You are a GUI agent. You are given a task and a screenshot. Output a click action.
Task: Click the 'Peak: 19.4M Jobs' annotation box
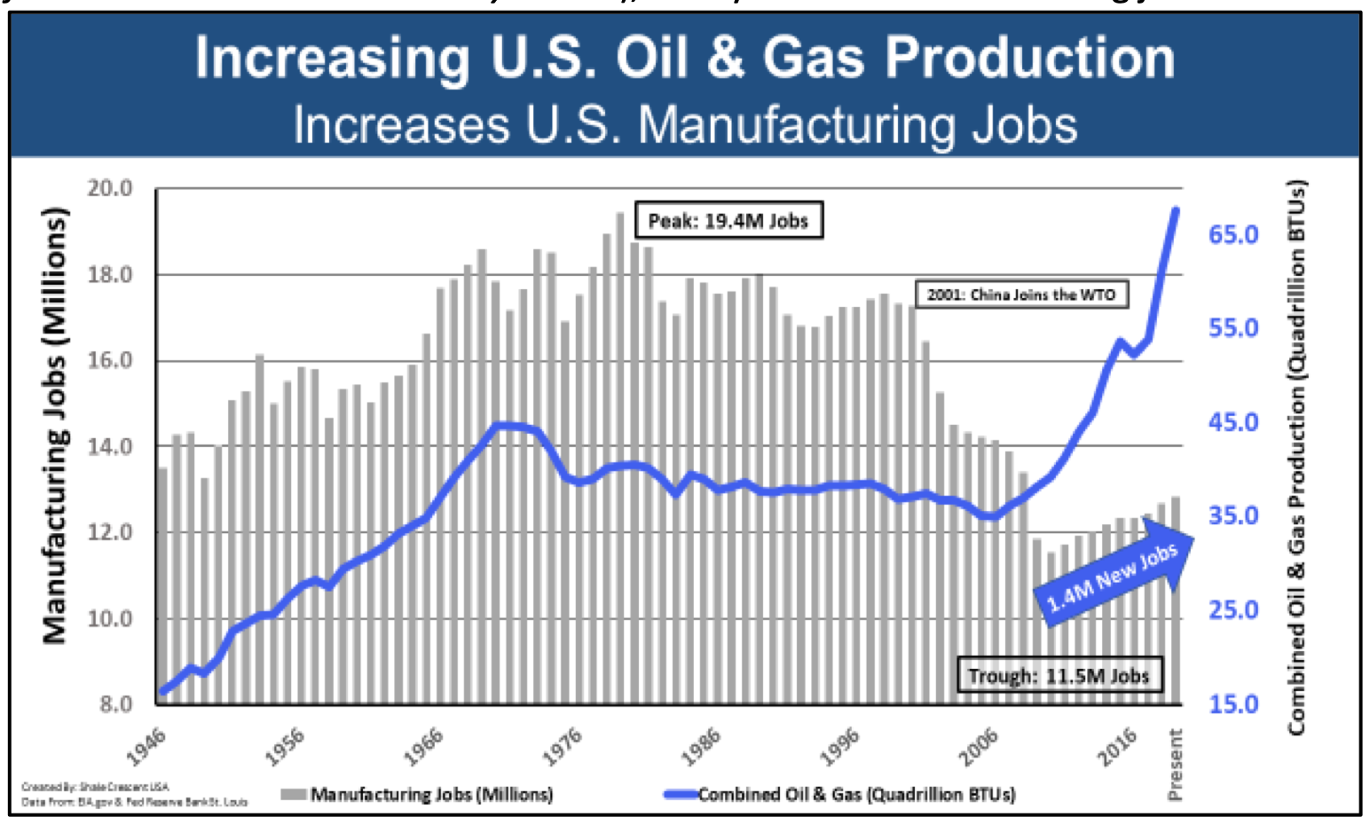728,221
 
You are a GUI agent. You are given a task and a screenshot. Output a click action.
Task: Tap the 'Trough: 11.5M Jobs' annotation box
1058,676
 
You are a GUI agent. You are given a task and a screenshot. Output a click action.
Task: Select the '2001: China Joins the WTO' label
1021,295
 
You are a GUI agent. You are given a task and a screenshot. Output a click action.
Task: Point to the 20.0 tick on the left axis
109,188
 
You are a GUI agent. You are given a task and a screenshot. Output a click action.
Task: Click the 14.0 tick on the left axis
109,446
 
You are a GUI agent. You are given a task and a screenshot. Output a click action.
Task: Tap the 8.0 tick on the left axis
114,704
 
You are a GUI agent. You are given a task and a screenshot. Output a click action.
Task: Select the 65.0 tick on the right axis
1233,234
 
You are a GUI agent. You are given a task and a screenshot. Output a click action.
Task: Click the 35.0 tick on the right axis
1233,515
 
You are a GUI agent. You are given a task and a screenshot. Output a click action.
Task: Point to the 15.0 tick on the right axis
1233,703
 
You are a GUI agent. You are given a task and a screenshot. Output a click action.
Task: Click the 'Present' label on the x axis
1176,764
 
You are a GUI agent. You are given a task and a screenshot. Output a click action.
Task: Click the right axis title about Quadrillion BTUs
1296,459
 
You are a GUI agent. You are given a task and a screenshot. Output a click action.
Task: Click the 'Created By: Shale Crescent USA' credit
95,787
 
